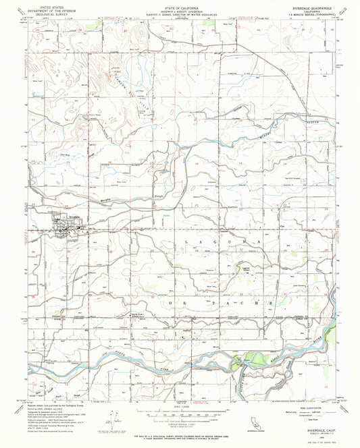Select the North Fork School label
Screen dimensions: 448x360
[x=137, y=315]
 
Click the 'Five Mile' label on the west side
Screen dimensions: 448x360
[x=47, y=156]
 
